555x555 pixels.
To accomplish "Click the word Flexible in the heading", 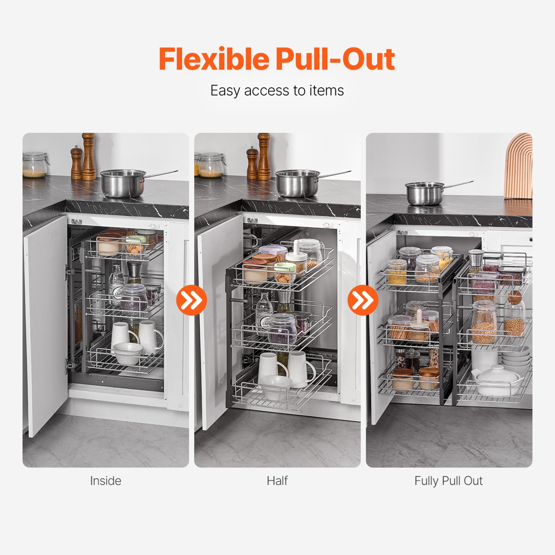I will [214, 59].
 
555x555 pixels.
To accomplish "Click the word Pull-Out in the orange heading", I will [335, 59].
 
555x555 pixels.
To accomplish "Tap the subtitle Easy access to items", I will [277, 91].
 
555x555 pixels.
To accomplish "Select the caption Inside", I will [105, 481].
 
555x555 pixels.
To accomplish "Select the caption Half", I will [277, 481].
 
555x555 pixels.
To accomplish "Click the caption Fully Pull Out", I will [448, 481].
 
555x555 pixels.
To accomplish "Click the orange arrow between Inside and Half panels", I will [191, 300].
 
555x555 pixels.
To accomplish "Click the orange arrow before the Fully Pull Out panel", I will [363, 300].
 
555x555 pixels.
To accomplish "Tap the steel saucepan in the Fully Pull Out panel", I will [425, 194].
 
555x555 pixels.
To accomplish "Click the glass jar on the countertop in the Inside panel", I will [34, 165].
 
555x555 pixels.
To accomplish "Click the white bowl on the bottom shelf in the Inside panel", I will [128, 352].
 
